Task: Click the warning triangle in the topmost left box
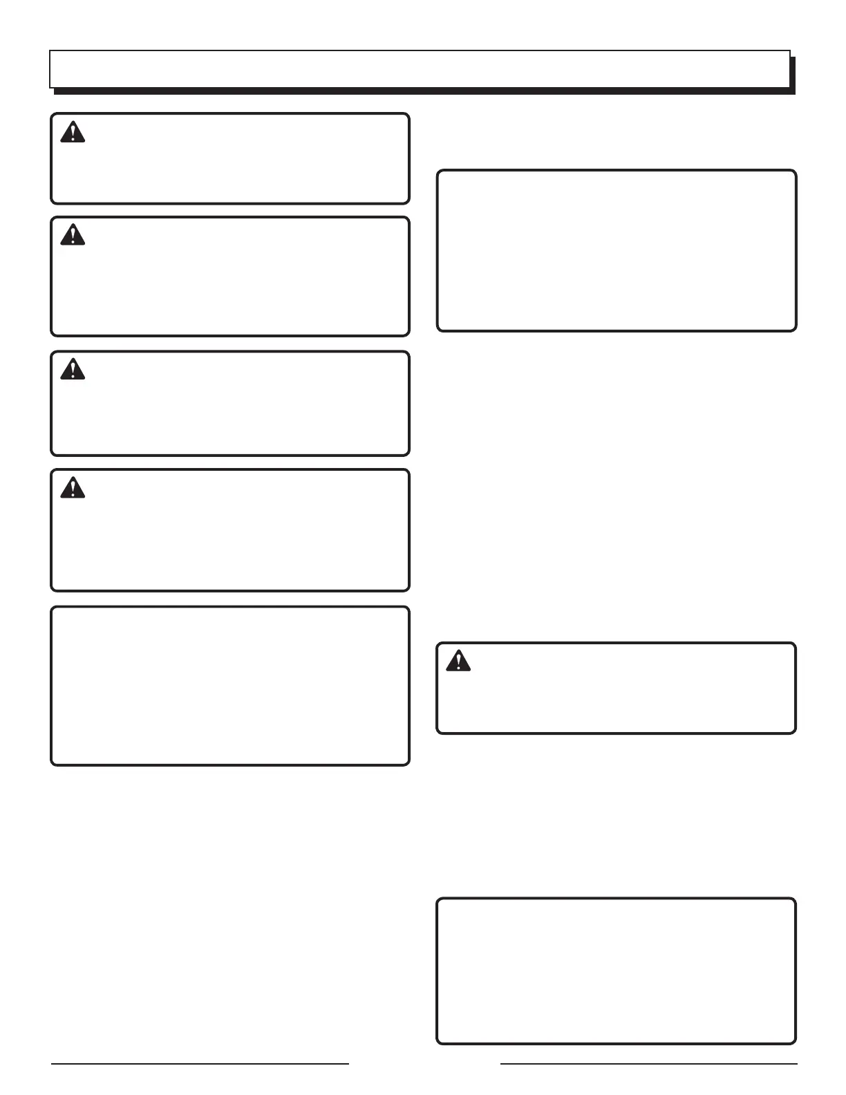pos(73,132)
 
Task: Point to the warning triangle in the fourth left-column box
pos(73,488)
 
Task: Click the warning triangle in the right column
pos(458,661)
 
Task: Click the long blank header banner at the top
pos(420,69)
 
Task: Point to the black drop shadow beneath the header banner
pos(423,91)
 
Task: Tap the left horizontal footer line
pos(200,1064)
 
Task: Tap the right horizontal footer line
pos(648,1064)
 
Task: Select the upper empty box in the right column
pos(617,250)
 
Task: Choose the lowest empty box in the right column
pos(617,971)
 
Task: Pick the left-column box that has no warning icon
pos(230,686)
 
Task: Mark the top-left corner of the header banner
pos(50,51)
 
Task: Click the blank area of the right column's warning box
pos(622,698)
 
